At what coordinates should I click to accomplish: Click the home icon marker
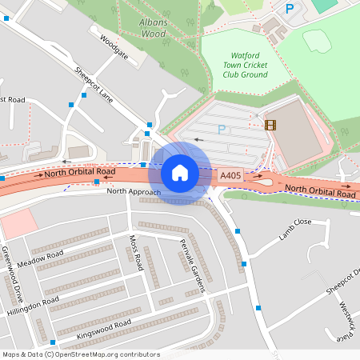click(180, 173)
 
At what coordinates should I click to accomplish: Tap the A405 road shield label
click(230, 175)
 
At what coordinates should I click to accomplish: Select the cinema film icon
click(270, 124)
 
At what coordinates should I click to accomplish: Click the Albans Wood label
click(153, 29)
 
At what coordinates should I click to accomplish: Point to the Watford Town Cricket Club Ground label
click(244, 64)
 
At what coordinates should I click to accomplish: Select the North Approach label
click(134, 192)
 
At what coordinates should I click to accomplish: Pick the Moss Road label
click(136, 252)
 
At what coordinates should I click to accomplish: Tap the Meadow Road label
click(40, 259)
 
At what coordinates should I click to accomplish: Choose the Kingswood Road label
click(103, 330)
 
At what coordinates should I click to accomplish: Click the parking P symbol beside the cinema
click(222, 129)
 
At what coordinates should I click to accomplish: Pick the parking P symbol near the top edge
click(290, 9)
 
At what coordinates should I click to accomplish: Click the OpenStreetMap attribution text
click(80, 354)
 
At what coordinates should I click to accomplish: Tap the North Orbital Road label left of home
click(80, 172)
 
